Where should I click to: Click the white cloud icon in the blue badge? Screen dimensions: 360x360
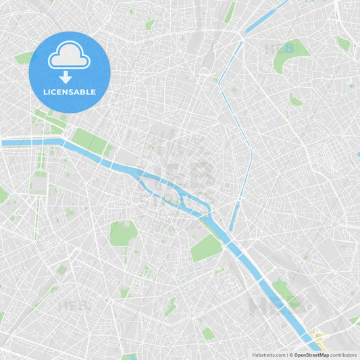pyautogui.click(x=69, y=57)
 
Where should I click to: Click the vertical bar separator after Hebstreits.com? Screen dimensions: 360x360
pyautogui.click(x=287, y=354)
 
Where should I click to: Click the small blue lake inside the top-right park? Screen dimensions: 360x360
pyautogui.click(x=289, y=48)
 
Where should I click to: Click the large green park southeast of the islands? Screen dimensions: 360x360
pyautogui.click(x=205, y=249)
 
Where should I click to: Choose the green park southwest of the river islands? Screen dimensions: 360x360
pyautogui.click(x=123, y=233)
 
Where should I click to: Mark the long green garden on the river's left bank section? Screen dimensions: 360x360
pyautogui.click(x=87, y=140)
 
